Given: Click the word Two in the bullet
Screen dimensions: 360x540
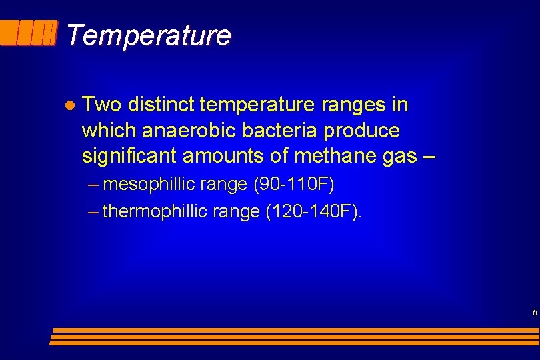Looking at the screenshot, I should [x=101, y=105].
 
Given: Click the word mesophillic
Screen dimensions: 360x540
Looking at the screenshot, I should [x=147, y=184].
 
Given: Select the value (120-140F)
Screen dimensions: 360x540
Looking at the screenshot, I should [x=317, y=212].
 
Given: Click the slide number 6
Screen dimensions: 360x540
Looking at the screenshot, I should [x=535, y=312].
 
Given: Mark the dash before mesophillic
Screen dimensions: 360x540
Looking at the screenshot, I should [x=93, y=184].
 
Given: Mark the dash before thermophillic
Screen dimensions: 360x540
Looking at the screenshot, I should [x=93, y=212].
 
